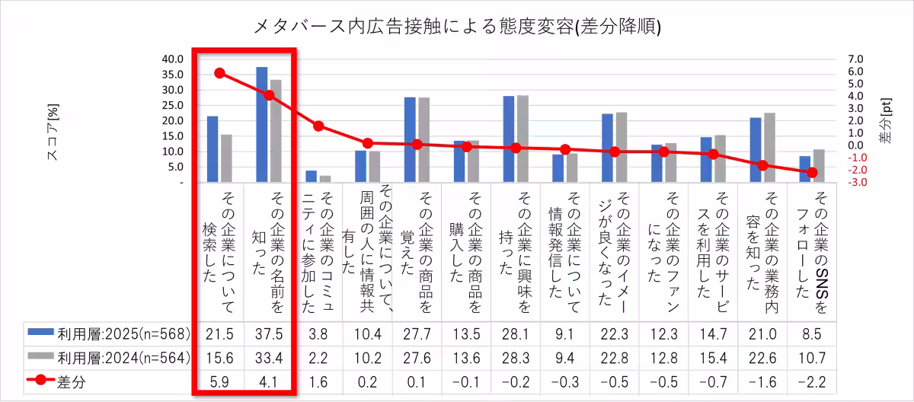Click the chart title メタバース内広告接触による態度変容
click(x=456, y=27)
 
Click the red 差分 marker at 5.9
click(x=219, y=73)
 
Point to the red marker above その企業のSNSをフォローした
click(x=812, y=173)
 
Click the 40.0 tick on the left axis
click(x=173, y=59)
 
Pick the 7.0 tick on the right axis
click(x=856, y=59)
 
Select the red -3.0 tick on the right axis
click(x=856, y=183)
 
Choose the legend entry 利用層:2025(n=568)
click(x=107, y=333)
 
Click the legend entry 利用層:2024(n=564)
click(x=107, y=358)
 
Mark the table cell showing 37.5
click(x=268, y=333)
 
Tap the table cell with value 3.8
click(x=318, y=333)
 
